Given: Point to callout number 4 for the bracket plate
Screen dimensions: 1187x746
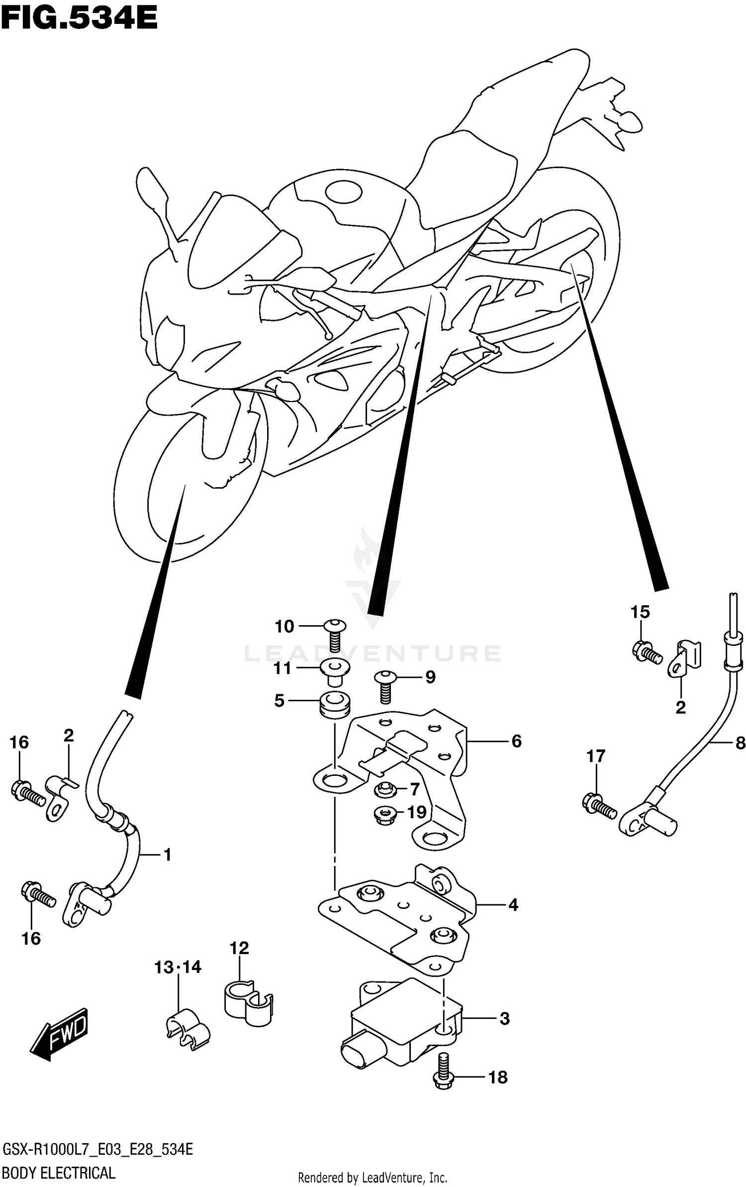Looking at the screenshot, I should click(513, 905).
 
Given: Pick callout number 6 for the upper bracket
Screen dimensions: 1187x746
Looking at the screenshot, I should click(516, 742).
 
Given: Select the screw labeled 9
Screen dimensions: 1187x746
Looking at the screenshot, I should click(385, 686).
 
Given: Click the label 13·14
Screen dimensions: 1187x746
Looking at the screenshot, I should click(178, 968).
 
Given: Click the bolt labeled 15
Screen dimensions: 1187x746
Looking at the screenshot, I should click(646, 651).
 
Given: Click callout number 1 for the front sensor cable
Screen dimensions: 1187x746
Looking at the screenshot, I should click(167, 855).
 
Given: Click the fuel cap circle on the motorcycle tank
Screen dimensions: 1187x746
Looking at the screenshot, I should click(344, 192).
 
